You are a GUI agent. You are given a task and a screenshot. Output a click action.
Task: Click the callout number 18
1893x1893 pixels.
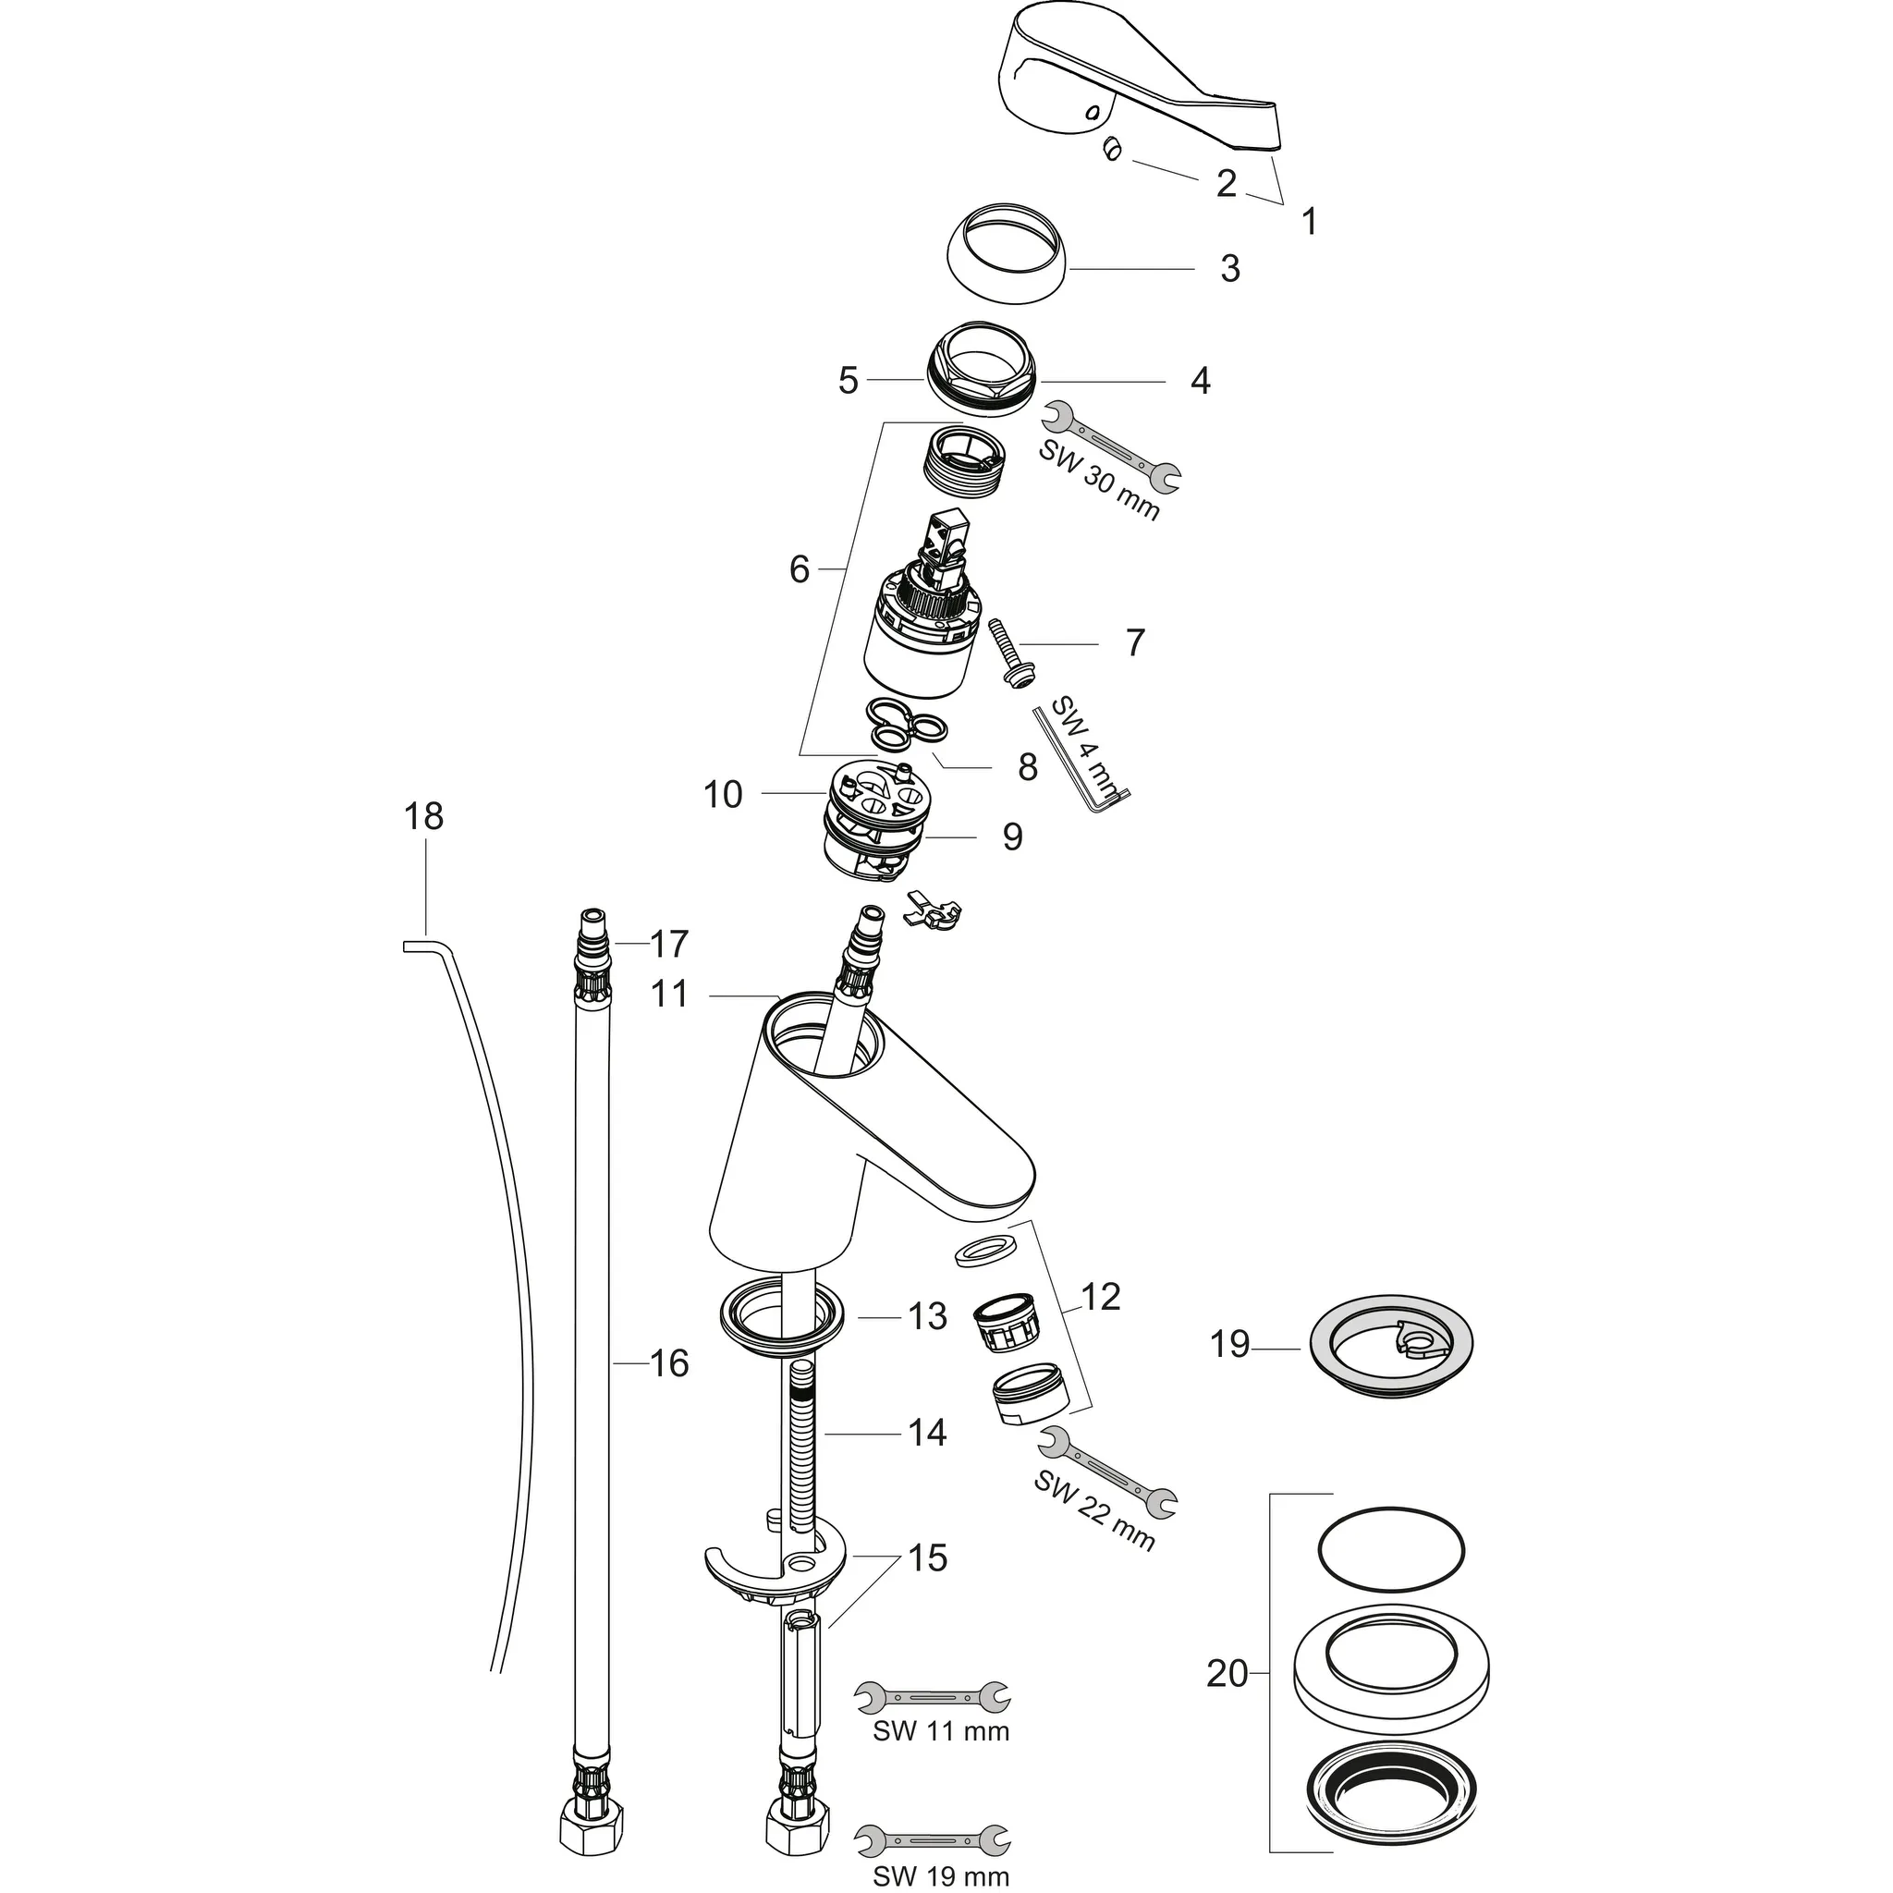(423, 816)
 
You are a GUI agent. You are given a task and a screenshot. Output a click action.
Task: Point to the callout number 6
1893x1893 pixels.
(800, 569)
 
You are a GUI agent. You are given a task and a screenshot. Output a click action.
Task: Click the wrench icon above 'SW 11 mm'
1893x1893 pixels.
(932, 1695)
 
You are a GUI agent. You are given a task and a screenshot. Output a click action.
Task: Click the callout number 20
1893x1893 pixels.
(1227, 1674)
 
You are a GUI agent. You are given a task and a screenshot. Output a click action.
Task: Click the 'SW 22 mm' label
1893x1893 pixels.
(1093, 1523)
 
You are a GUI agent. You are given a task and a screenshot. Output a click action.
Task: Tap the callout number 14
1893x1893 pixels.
(927, 1434)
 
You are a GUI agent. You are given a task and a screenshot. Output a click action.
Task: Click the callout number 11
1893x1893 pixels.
(670, 995)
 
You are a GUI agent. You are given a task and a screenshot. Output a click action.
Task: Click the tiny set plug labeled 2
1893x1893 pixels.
(1111, 149)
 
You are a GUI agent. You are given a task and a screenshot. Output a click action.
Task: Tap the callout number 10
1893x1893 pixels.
(723, 795)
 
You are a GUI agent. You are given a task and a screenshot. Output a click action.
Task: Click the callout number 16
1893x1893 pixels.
(670, 1363)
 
